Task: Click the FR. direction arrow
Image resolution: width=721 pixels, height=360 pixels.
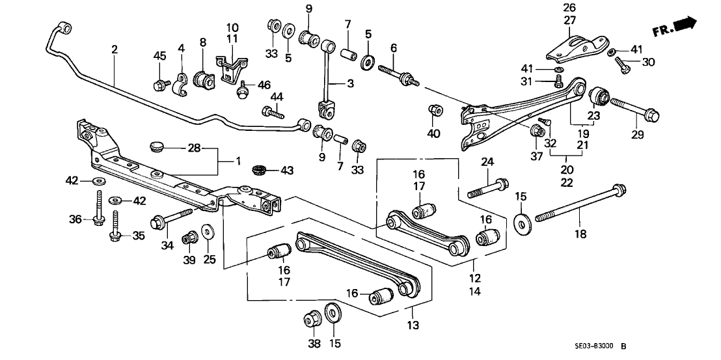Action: (x=684, y=25)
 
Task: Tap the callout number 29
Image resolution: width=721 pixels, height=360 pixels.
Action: (x=637, y=135)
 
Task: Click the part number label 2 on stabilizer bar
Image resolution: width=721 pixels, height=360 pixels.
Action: (x=115, y=49)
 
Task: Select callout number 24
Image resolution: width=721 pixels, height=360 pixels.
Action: (x=487, y=161)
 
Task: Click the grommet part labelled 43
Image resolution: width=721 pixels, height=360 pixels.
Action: (x=259, y=171)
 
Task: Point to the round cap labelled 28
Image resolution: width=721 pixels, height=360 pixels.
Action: (x=157, y=145)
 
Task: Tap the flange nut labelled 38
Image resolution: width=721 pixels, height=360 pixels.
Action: (x=310, y=320)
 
